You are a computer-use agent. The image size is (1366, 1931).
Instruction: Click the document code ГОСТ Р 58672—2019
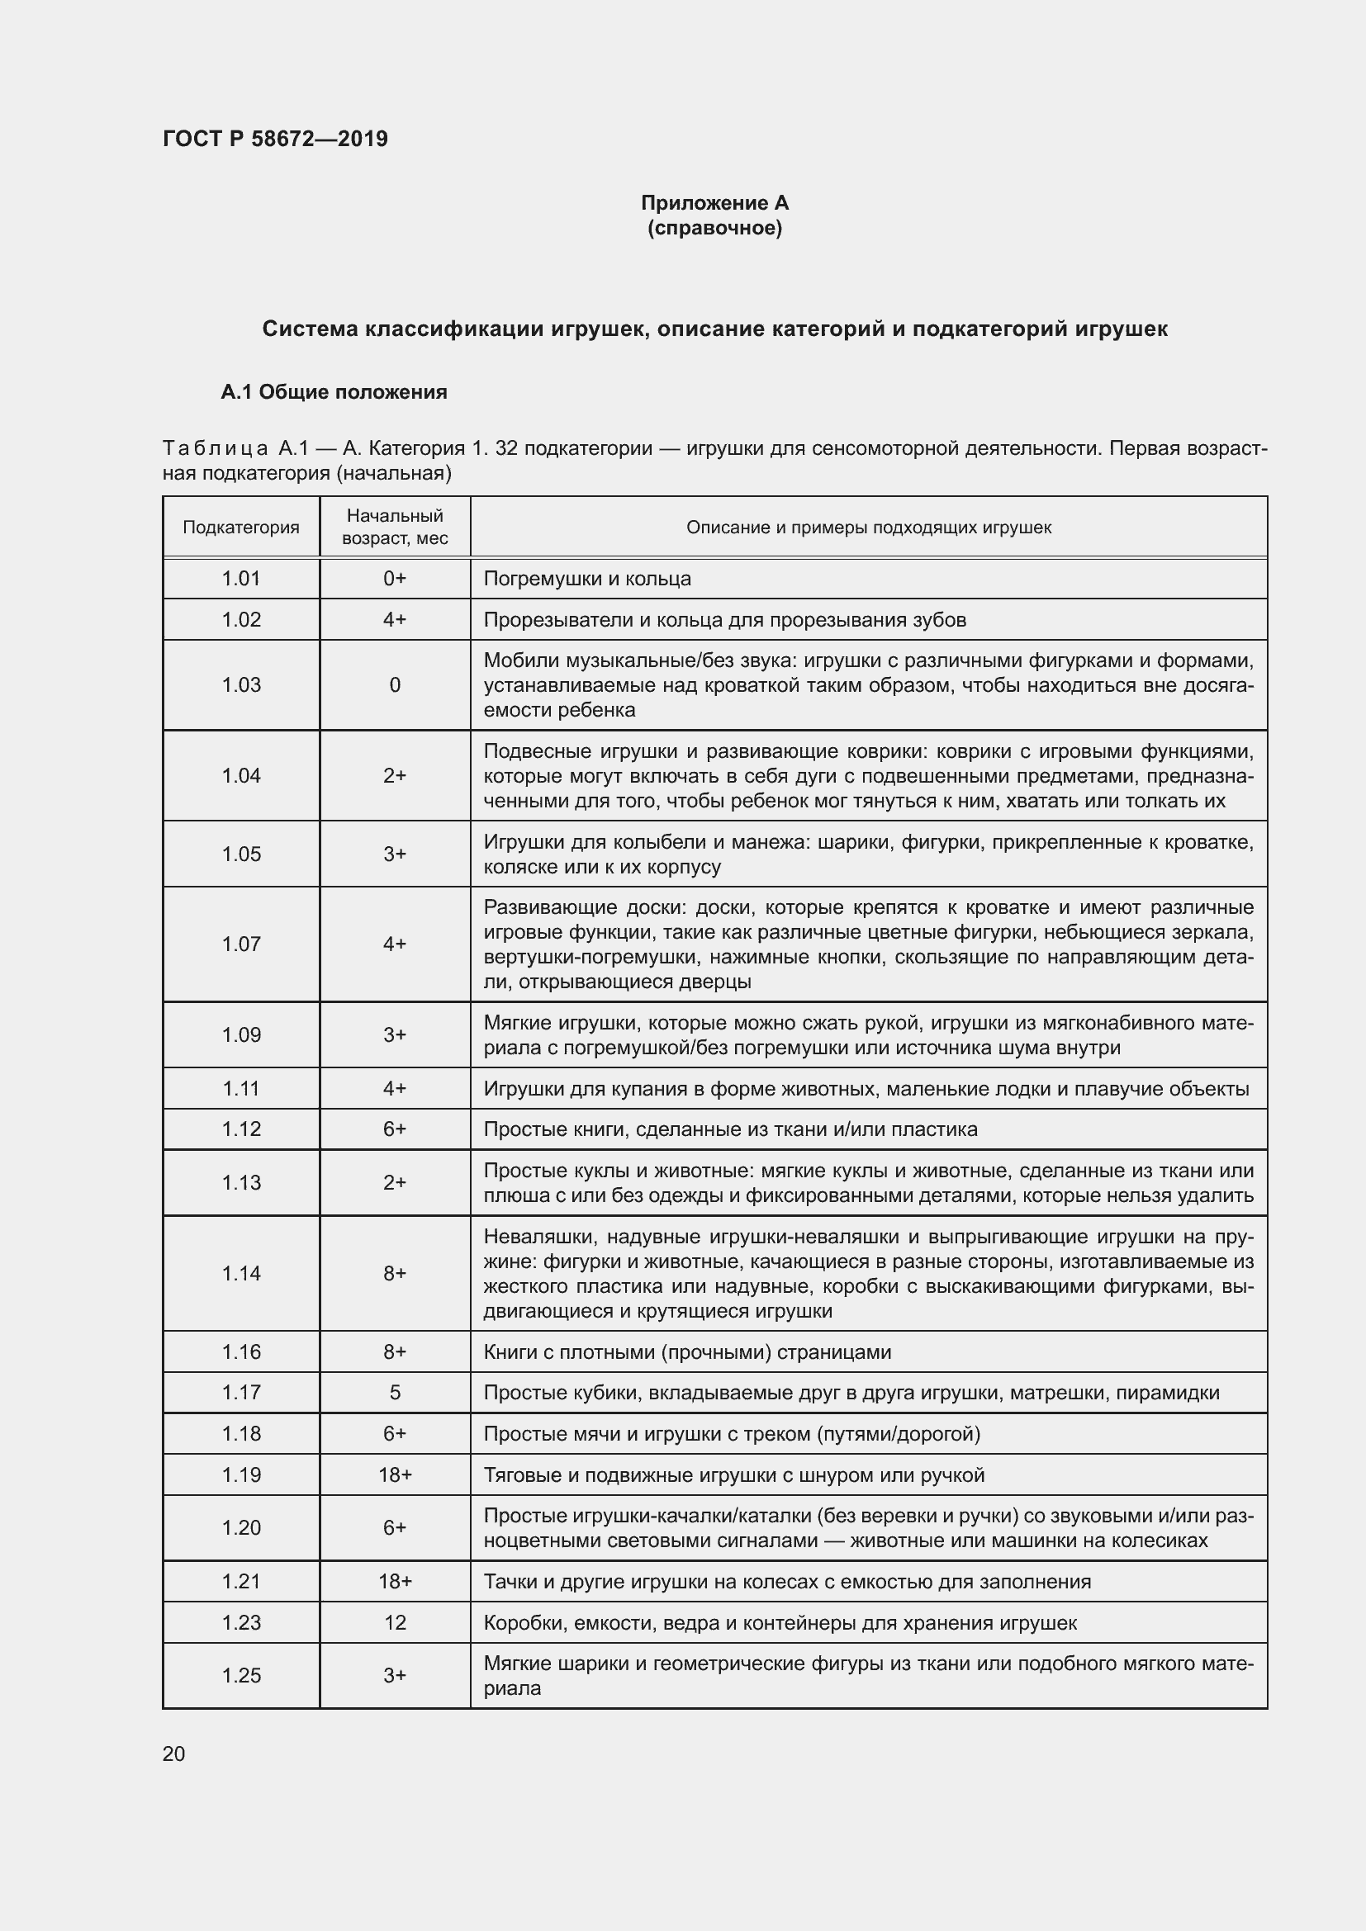click(x=275, y=139)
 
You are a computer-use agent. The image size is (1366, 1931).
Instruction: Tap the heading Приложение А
click(x=714, y=203)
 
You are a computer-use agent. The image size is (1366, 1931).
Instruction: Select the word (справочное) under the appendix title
click(x=714, y=228)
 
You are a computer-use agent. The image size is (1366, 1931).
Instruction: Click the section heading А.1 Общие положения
click(x=333, y=392)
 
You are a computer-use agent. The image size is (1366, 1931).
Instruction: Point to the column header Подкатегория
click(x=240, y=528)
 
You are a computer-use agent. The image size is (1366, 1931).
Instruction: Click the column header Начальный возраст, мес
click(x=395, y=527)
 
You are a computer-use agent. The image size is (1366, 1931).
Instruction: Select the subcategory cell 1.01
click(x=240, y=579)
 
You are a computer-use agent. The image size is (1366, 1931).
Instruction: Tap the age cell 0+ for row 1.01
click(x=395, y=579)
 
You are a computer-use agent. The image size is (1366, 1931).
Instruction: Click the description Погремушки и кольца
click(x=587, y=579)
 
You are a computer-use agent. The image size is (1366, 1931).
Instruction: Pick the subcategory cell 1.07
click(x=240, y=944)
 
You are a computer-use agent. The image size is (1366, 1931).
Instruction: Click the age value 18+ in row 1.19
click(x=395, y=1475)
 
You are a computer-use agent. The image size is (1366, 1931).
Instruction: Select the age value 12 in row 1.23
click(x=395, y=1622)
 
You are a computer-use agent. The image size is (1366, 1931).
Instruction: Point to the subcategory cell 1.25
click(x=240, y=1675)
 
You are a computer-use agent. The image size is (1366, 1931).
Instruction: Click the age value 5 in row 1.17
click(x=395, y=1392)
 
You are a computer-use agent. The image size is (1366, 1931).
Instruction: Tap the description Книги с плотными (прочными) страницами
click(x=687, y=1351)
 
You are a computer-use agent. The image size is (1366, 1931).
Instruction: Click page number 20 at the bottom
click(x=173, y=1754)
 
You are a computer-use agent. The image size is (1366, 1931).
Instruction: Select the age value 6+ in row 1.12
click(x=395, y=1129)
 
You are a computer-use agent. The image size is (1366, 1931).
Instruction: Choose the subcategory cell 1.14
click(x=240, y=1273)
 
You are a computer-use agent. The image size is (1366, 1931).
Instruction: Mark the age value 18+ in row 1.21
click(x=395, y=1581)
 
